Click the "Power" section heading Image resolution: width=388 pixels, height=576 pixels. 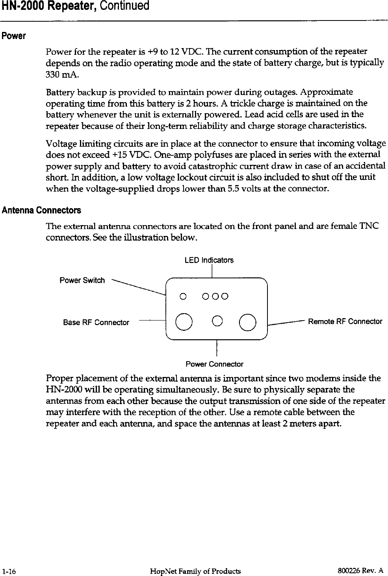click(14, 37)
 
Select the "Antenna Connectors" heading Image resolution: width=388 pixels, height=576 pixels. click(41, 210)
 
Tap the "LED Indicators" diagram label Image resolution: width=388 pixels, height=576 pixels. click(209, 260)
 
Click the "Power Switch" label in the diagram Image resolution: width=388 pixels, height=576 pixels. click(82, 280)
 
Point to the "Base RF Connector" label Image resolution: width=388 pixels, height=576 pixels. click(96, 322)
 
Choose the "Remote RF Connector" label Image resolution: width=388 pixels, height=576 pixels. click(345, 321)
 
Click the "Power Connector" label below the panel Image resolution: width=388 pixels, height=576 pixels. click(214, 364)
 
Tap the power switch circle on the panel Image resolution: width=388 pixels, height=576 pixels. click(183, 296)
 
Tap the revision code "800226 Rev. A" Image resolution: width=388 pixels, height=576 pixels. click(360, 570)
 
